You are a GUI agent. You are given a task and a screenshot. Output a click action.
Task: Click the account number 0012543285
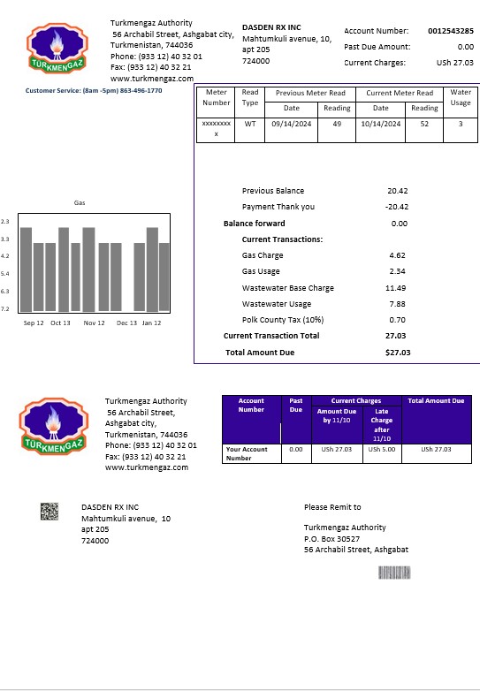[x=450, y=31]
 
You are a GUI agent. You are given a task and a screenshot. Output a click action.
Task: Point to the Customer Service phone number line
[x=94, y=90]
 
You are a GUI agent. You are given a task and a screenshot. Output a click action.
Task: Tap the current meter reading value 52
[x=424, y=124]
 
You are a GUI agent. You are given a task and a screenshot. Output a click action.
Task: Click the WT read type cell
[x=250, y=124]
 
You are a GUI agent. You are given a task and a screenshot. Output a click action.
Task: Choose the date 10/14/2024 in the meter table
[x=380, y=124]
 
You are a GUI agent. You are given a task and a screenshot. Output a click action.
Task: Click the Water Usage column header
[x=460, y=97]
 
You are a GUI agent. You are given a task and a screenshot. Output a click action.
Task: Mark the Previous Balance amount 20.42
[x=397, y=191]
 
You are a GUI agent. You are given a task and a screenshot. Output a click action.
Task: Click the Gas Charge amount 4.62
[x=397, y=255]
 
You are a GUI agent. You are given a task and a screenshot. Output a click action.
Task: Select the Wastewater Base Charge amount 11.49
[x=395, y=288]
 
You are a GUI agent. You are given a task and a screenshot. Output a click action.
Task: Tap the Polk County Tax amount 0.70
[x=397, y=320]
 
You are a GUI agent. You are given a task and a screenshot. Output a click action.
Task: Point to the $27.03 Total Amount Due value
[x=398, y=353]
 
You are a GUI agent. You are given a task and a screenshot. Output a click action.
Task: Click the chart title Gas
[x=80, y=203]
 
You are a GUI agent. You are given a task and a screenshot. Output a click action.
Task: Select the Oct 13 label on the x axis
[x=60, y=323]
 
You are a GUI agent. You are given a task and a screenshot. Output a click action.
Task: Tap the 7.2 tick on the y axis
[x=5, y=309]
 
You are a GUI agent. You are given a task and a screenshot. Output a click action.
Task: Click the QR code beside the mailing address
[x=50, y=511]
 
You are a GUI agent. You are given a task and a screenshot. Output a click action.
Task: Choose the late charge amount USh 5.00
[x=382, y=449]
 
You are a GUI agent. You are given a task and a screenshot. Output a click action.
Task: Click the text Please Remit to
[x=331, y=507]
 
